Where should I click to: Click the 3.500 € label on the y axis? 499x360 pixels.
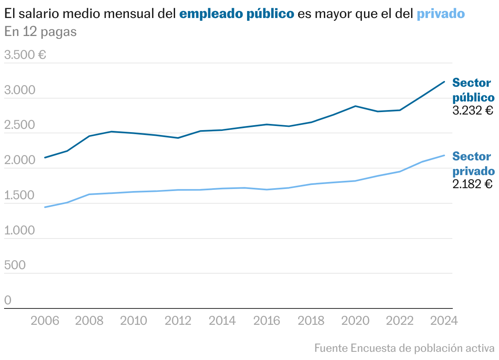click(25, 55)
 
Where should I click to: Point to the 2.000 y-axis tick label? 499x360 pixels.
click(20, 160)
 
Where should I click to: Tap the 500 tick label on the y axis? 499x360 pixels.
click(15, 265)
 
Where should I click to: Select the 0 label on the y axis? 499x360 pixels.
click(8, 301)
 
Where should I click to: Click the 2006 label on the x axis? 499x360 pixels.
click(44, 321)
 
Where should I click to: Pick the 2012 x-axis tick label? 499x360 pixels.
click(178, 321)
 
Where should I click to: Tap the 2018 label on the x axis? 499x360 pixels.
click(311, 321)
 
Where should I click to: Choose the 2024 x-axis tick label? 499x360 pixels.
click(444, 321)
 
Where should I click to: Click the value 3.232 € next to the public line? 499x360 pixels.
click(473, 110)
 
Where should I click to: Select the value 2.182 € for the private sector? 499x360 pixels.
click(472, 184)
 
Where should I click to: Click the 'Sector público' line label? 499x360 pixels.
click(473, 90)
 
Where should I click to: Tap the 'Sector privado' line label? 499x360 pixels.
click(473, 164)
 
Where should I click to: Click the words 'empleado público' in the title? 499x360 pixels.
click(237, 14)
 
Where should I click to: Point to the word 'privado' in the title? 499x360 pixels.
click(441, 14)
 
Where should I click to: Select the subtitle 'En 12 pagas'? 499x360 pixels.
click(40, 32)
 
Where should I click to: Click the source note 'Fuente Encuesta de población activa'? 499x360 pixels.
click(404, 348)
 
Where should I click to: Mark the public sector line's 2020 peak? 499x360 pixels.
click(355, 106)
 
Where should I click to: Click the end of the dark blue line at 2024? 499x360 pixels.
click(444, 82)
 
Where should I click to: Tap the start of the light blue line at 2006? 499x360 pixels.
click(45, 207)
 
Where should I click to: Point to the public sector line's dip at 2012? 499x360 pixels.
click(178, 138)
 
